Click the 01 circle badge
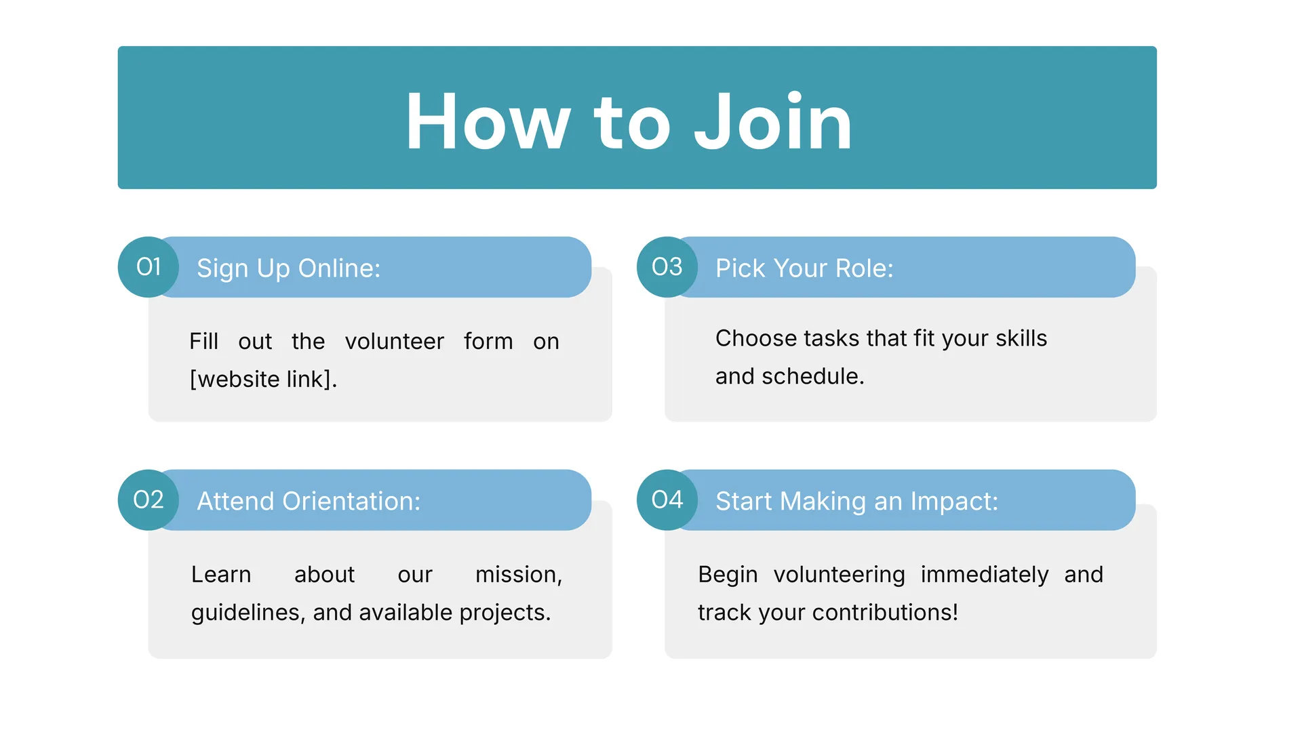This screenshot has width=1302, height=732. pyautogui.click(x=149, y=267)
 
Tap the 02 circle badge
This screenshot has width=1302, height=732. pyautogui.click(x=149, y=500)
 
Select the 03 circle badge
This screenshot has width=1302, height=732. pyautogui.click(x=667, y=267)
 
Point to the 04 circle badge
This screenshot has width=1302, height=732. pyautogui.click(x=667, y=500)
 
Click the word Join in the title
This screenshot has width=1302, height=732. pyautogui.click(x=773, y=122)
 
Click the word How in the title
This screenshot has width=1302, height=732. pyautogui.click(x=488, y=122)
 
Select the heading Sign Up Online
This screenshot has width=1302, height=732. pyautogui.click(x=289, y=268)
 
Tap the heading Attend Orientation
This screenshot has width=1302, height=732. pyautogui.click(x=309, y=502)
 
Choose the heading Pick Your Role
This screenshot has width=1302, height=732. pyautogui.click(x=804, y=268)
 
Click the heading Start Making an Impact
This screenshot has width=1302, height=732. pyautogui.click(x=857, y=502)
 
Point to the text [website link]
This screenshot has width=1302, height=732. pyautogui.click(x=263, y=379)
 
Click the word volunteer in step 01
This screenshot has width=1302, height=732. pyautogui.click(x=395, y=341)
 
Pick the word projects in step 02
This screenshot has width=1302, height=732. pyautogui.click(x=505, y=613)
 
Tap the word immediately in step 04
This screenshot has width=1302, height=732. pyautogui.click(x=985, y=575)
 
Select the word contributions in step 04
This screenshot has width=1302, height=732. pyautogui.click(x=885, y=613)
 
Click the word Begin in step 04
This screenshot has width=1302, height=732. pyautogui.click(x=728, y=575)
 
